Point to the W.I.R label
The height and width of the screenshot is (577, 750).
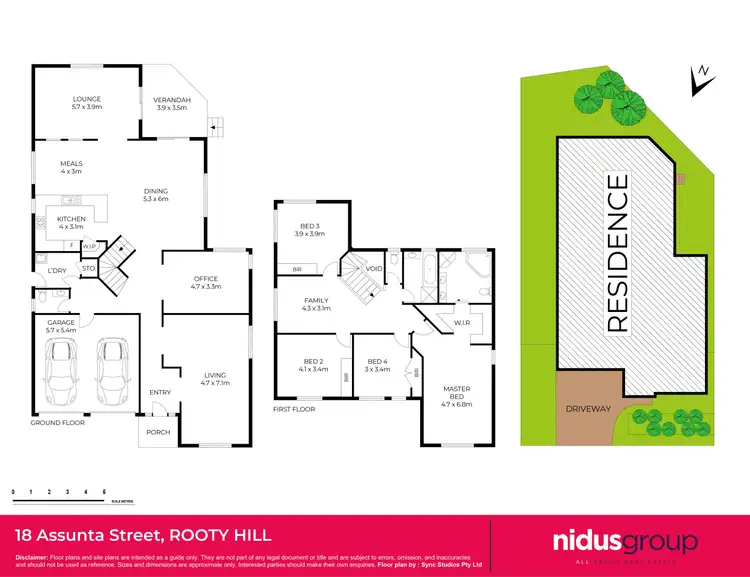(x=462, y=322)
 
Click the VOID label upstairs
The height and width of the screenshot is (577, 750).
(x=374, y=269)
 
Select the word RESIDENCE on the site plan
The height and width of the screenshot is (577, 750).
(x=617, y=253)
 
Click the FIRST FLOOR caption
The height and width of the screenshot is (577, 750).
(x=294, y=410)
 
